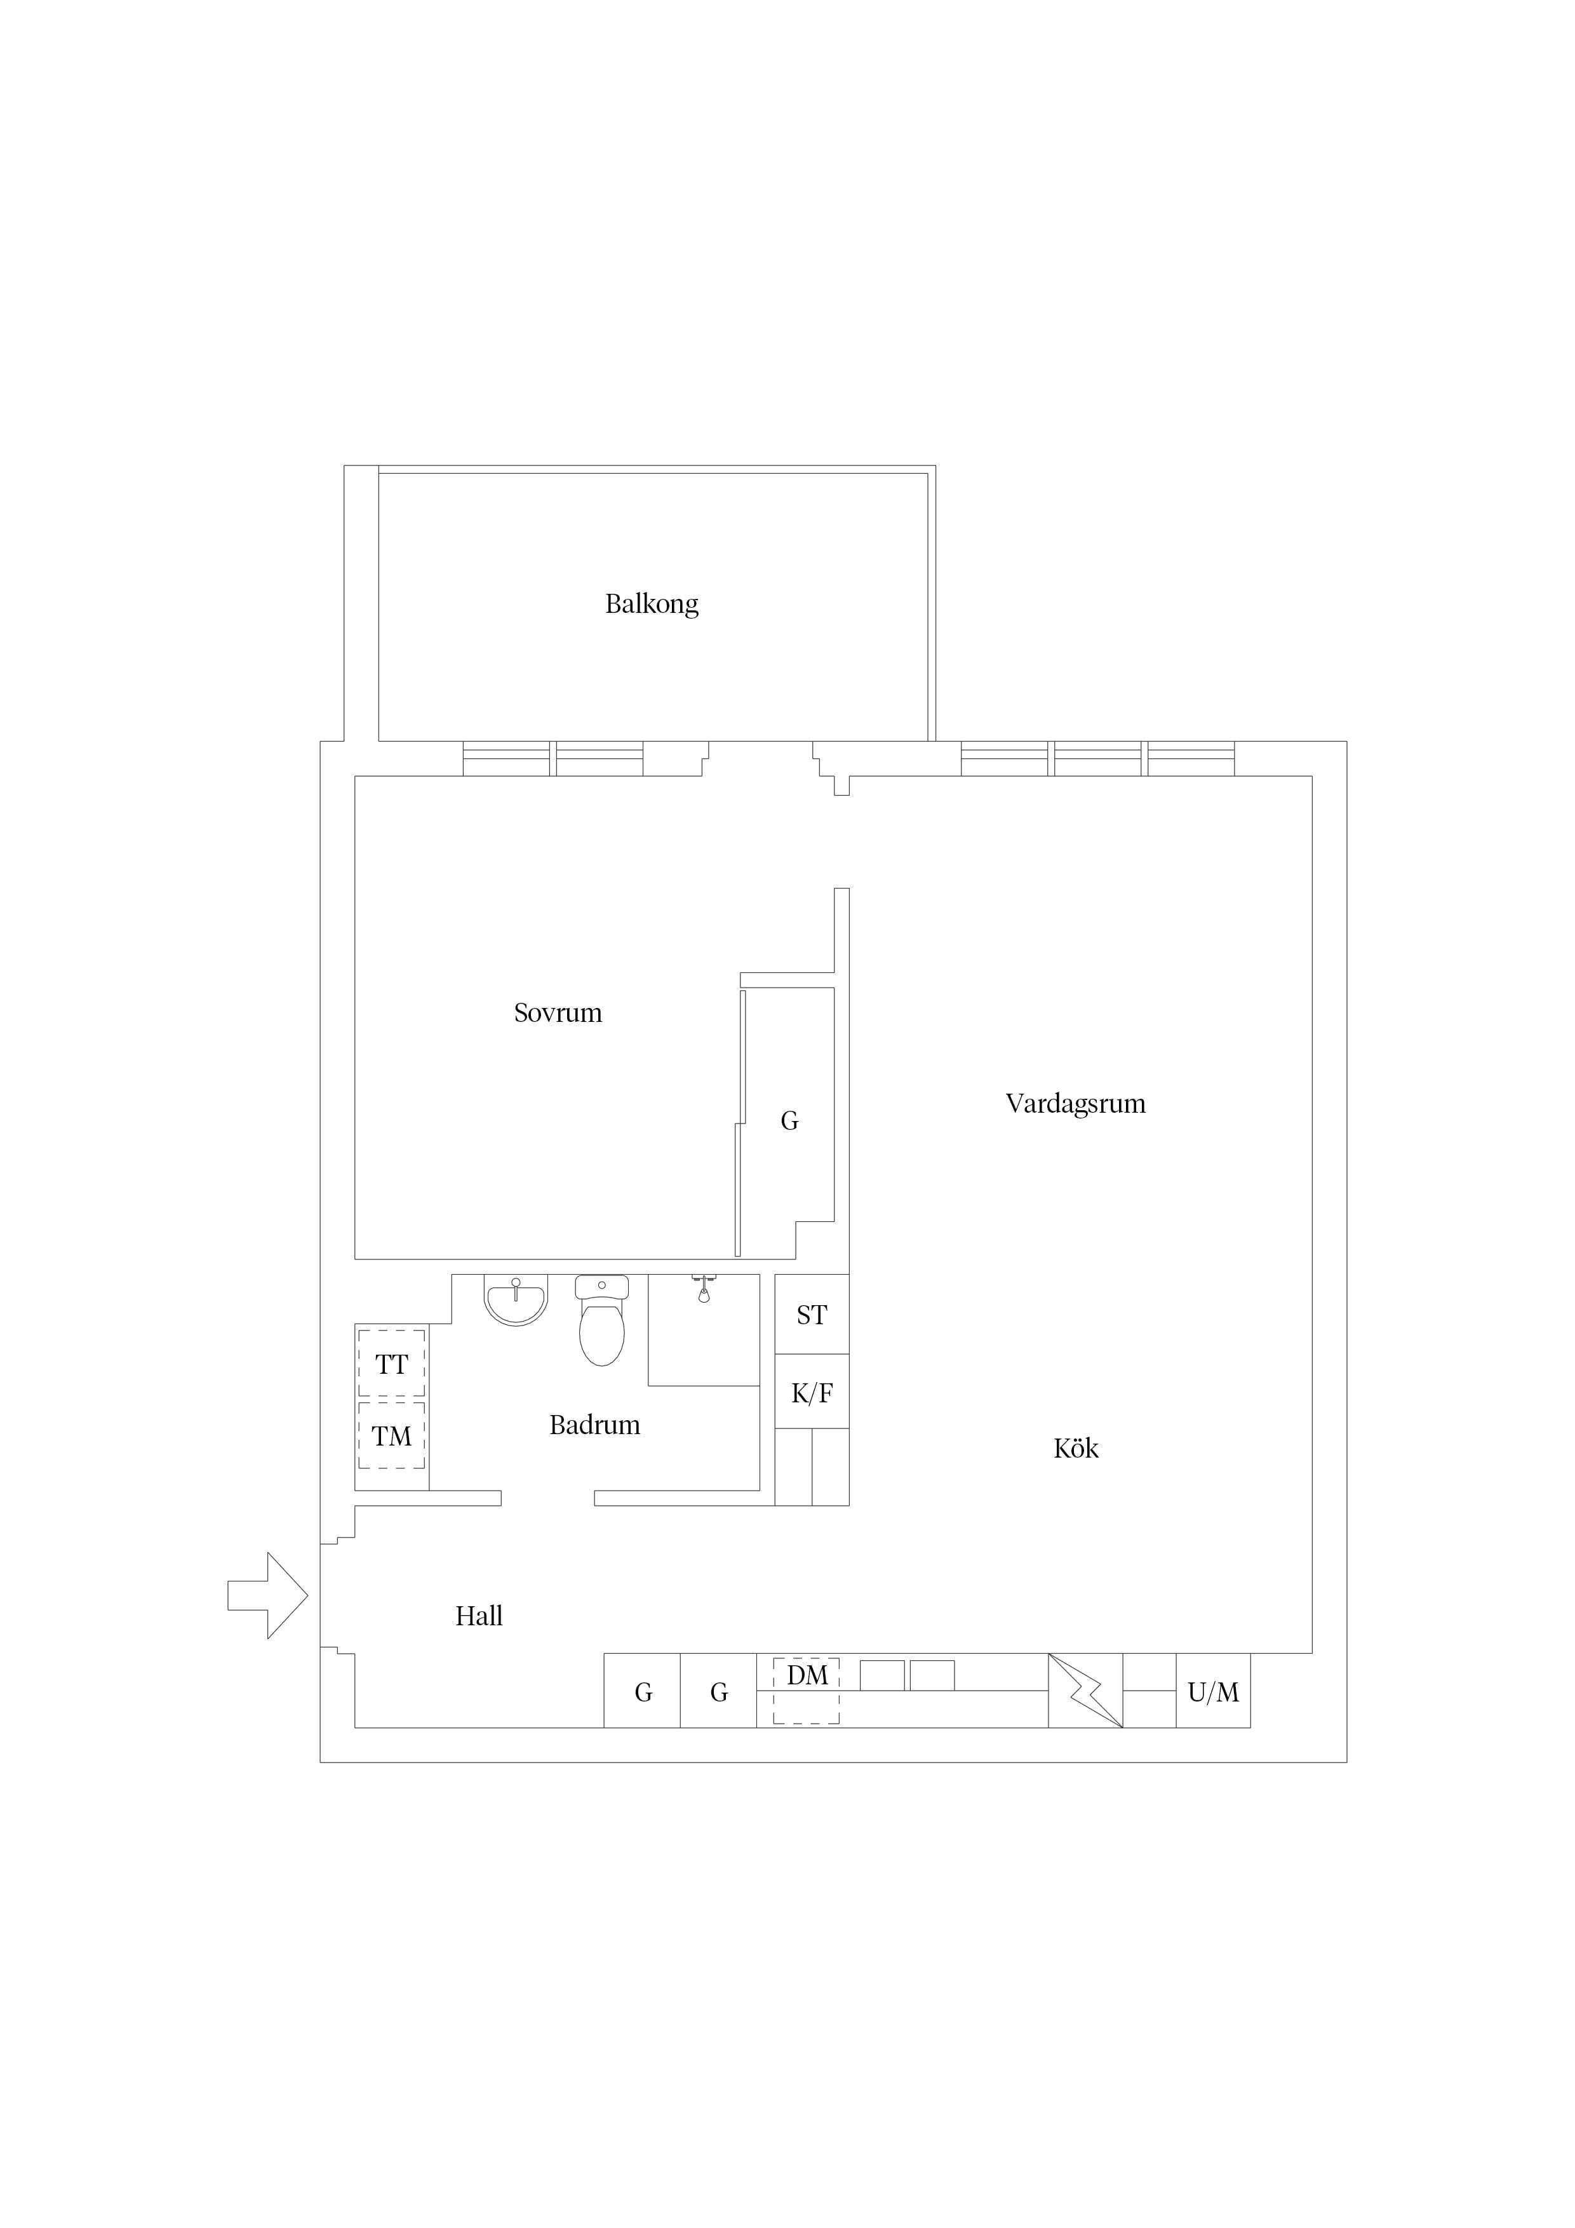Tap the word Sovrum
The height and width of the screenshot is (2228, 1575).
[558, 1013]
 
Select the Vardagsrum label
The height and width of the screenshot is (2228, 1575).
[1075, 1104]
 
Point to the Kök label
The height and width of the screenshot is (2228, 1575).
[1075, 1449]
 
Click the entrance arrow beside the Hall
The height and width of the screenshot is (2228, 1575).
[268, 1595]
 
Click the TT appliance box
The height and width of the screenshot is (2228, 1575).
[391, 1364]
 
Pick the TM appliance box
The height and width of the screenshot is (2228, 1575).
[391, 1435]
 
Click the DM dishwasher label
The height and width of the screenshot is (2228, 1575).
[807, 1676]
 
